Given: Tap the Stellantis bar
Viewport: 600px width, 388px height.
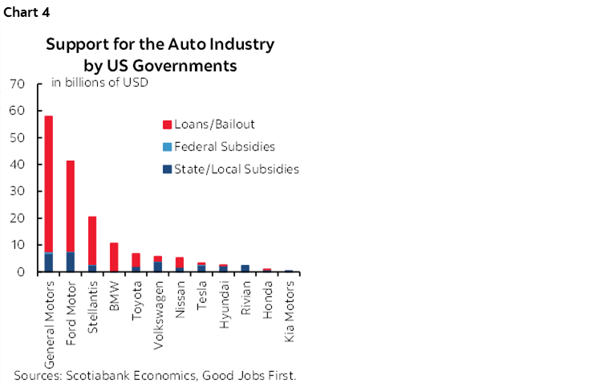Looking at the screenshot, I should [x=92, y=241].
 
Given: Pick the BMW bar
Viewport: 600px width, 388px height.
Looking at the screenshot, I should [x=114, y=257].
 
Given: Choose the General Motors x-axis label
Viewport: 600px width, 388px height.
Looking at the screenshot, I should [x=49, y=321].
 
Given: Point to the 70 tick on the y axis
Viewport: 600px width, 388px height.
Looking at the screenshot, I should [x=18, y=84].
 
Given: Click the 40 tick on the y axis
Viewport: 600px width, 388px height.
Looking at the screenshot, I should [x=18, y=165].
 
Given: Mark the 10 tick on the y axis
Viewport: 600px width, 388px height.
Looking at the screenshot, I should [x=18, y=245].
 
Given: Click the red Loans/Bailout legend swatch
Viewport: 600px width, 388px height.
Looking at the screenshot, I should [x=167, y=125].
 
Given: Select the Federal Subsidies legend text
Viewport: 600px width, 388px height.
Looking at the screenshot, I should [x=225, y=147].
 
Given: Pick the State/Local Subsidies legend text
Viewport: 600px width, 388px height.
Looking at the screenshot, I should [x=237, y=169].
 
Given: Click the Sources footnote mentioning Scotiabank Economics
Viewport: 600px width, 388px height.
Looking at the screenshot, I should [x=155, y=374].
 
